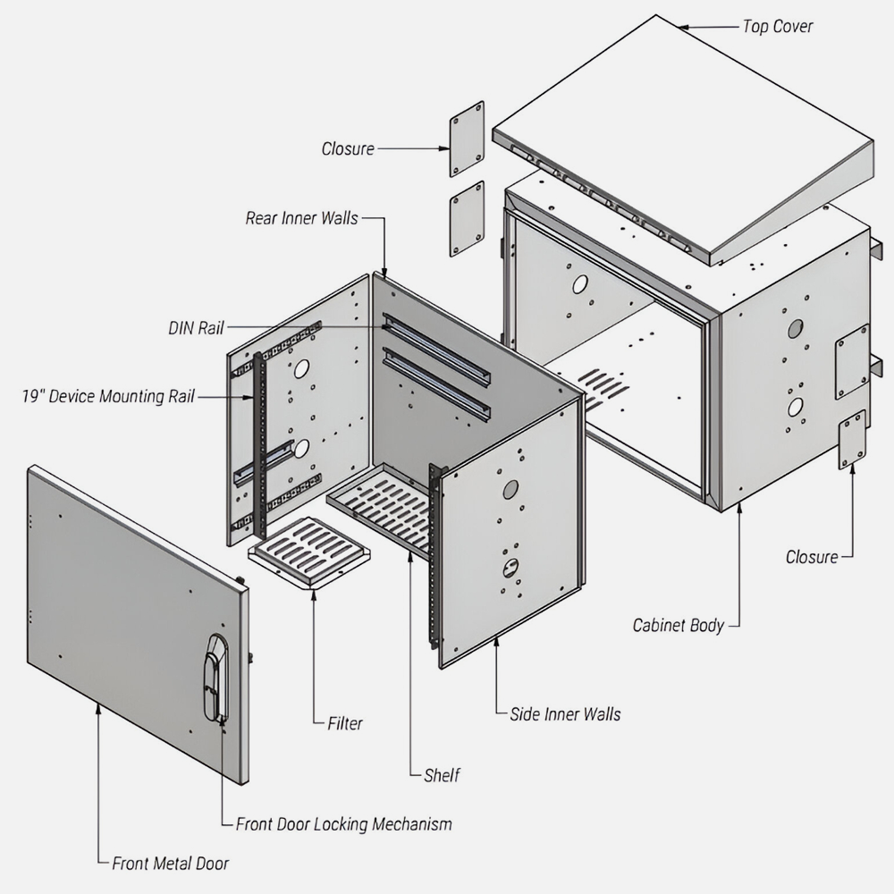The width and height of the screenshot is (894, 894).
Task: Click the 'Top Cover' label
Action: click(x=777, y=26)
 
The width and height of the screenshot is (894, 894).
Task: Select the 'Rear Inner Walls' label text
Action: click(x=301, y=218)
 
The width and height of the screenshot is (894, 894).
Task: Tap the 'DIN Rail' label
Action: click(x=195, y=328)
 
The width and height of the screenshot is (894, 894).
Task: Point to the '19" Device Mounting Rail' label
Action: click(x=107, y=396)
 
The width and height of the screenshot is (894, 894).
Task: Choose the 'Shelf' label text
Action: click(x=442, y=775)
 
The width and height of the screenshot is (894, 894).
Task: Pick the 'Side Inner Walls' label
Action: click(x=565, y=713)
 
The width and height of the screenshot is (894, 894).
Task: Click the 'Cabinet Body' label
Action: click(x=678, y=625)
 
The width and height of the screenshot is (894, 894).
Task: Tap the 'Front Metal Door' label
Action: click(x=170, y=864)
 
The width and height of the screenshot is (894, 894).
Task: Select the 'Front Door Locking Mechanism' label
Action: click(x=343, y=823)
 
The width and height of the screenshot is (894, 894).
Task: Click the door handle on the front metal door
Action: click(x=215, y=678)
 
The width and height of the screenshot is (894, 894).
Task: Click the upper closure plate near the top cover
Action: click(x=467, y=139)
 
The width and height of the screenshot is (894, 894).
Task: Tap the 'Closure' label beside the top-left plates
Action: click(x=348, y=148)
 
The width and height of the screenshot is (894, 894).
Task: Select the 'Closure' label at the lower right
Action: click(x=812, y=557)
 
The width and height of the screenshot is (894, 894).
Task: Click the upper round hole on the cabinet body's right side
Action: click(x=795, y=328)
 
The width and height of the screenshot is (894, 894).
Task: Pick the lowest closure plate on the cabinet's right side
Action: click(x=851, y=439)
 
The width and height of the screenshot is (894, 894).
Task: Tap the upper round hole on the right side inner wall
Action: click(x=510, y=489)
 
